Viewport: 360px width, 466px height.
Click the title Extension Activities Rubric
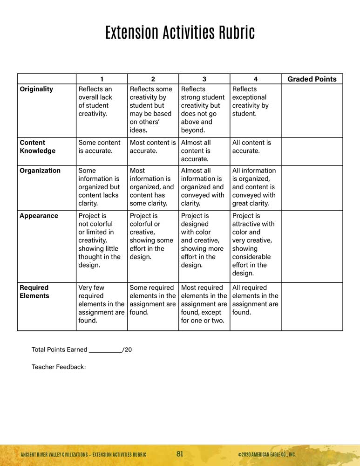click(180, 33)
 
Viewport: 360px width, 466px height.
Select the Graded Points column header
click(312, 79)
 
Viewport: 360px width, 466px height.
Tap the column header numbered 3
click(204, 79)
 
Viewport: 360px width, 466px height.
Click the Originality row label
click(36, 89)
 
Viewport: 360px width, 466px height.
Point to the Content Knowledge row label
click(37, 147)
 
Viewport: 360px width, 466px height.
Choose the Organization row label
click(40, 171)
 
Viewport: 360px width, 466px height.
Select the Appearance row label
click(39, 216)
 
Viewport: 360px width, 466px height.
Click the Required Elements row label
click(34, 292)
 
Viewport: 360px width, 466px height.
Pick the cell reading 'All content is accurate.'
click(251, 147)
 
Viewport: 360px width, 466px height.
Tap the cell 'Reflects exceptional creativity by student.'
click(250, 101)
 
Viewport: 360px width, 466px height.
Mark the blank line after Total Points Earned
click(105, 350)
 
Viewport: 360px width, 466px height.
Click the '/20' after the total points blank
click(127, 349)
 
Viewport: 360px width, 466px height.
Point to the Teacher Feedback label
click(59, 367)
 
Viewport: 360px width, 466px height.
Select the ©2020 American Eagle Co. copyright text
click(266, 455)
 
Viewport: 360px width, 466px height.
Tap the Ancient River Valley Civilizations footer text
click(83, 455)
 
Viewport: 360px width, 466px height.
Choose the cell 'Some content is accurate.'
click(99, 147)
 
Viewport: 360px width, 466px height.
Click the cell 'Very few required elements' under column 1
click(101, 304)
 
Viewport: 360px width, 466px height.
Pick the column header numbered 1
click(102, 79)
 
